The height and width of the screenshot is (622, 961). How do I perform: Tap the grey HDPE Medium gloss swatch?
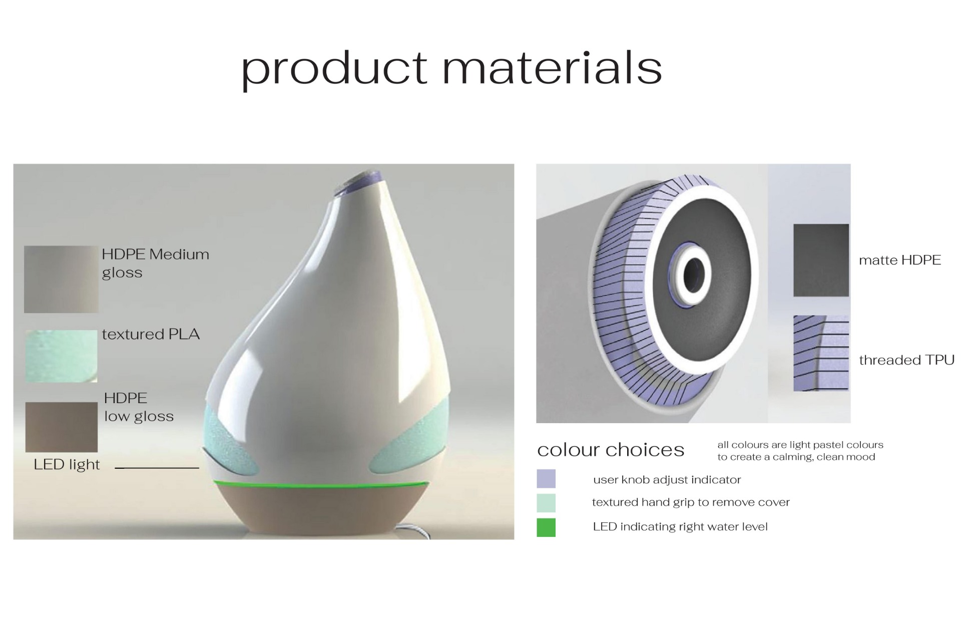[x=61, y=279]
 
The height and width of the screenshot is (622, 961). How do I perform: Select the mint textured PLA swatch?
[x=61, y=356]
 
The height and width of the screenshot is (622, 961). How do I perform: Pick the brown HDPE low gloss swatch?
[x=62, y=427]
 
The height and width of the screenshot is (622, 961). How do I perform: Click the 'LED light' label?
[x=67, y=464]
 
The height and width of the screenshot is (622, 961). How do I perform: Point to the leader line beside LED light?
[x=157, y=468]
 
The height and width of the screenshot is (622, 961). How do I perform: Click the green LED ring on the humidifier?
[x=321, y=484]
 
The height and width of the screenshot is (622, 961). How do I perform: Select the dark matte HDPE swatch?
[x=821, y=260]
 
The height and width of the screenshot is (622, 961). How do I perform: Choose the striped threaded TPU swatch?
[x=821, y=353]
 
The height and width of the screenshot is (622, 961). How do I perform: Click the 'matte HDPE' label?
[x=899, y=260]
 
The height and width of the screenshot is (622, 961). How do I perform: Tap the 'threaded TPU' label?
[x=906, y=360]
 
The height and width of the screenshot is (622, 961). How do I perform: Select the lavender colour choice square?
[x=546, y=478]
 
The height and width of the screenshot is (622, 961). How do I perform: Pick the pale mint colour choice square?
[x=546, y=503]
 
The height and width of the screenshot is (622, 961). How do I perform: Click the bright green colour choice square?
[x=546, y=527]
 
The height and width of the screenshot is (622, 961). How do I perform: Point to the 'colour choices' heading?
[x=611, y=449]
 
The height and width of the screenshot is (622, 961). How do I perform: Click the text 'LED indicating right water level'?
[x=680, y=526]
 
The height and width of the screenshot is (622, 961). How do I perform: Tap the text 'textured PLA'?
[x=151, y=334]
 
